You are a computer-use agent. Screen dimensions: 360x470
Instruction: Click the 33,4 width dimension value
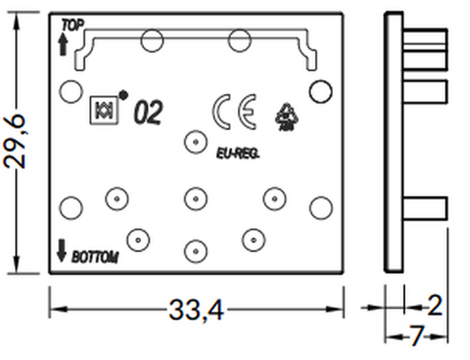point(196,311)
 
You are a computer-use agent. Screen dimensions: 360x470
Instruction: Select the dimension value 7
point(416,337)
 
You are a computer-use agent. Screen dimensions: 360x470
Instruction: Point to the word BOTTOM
point(95,256)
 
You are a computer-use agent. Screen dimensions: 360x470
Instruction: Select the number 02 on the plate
point(148,114)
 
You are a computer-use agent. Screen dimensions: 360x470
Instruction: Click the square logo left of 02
point(103,110)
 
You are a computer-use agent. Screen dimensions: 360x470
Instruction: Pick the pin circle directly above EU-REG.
point(193,142)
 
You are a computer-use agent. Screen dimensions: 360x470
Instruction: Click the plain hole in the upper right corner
point(320,92)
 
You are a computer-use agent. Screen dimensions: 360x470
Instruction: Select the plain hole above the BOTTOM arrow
point(70,207)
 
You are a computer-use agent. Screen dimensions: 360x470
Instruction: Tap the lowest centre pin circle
point(193,251)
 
